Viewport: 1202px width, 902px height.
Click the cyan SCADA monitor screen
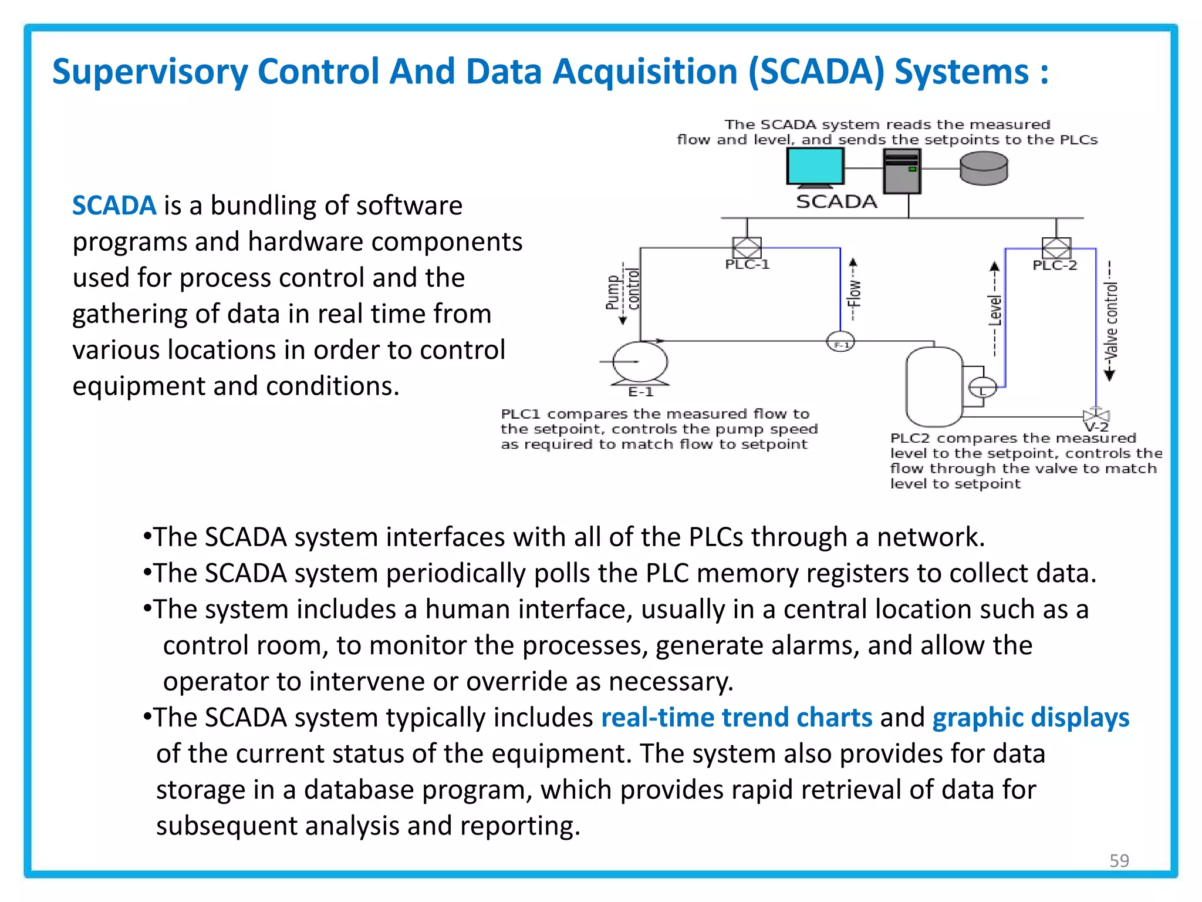815,166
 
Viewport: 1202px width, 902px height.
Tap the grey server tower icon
902,171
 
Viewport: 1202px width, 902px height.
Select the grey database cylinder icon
984,169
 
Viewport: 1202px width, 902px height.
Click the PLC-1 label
747,264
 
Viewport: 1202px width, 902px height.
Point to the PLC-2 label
1055,265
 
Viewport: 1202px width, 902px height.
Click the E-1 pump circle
640,362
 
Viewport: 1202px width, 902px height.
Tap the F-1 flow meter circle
840,342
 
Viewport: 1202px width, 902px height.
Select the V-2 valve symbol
1095,415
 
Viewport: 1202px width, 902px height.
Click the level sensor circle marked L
982,388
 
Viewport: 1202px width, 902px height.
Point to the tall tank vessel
934,386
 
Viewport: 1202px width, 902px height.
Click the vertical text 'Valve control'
1111,321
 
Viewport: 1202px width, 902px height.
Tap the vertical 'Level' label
995,310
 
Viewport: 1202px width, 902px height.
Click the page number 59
1119,860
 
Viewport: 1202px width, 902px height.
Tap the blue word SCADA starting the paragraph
114,206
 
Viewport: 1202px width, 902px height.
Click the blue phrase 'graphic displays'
1031,718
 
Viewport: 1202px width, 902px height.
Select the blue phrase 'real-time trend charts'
737,718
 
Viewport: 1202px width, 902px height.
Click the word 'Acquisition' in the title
644,72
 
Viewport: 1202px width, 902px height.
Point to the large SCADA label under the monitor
836,202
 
